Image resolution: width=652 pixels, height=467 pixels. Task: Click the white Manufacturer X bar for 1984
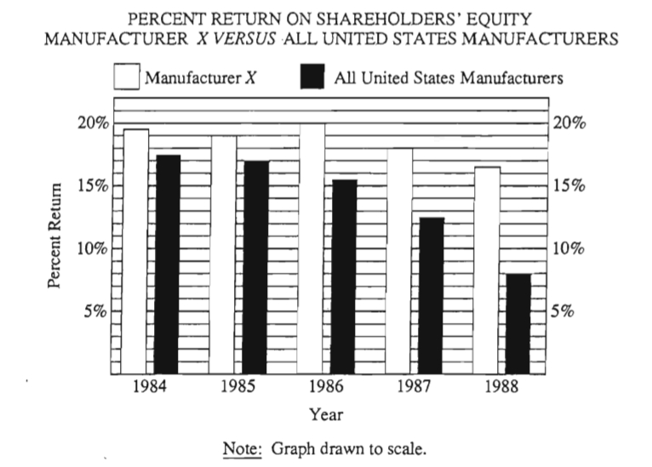135,251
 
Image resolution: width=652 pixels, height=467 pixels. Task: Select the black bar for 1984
168,264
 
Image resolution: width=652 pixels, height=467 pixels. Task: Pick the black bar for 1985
256,266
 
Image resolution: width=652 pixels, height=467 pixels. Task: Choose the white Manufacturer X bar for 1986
312,248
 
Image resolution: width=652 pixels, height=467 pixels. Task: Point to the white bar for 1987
399,260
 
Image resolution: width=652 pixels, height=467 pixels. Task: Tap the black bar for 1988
519,323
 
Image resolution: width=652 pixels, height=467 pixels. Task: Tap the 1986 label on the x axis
327,389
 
